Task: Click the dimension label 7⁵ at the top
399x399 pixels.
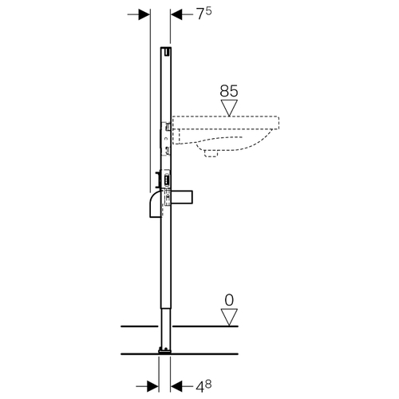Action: [x=204, y=14]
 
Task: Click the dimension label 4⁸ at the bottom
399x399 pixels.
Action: [x=203, y=386]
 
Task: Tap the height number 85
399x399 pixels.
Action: [x=229, y=91]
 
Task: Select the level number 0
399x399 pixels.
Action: [x=229, y=300]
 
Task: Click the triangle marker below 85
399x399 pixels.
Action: [x=229, y=108]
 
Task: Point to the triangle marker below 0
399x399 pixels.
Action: [x=229, y=317]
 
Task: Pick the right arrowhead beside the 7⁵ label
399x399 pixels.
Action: [x=176, y=14]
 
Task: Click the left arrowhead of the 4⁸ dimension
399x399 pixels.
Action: [x=152, y=386]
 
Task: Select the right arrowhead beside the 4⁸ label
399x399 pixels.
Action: [x=176, y=386]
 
